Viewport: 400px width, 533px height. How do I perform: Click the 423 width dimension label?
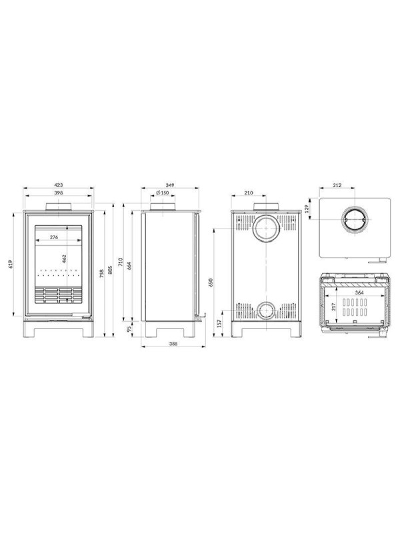click(x=59, y=185)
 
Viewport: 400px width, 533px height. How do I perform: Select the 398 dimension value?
click(x=59, y=193)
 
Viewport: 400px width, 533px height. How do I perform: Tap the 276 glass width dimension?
click(x=54, y=237)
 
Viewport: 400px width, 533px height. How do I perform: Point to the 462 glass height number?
click(x=64, y=259)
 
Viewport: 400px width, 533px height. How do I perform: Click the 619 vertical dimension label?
click(x=10, y=264)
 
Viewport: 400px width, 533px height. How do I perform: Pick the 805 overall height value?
click(x=110, y=270)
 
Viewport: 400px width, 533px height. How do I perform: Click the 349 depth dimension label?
click(x=170, y=185)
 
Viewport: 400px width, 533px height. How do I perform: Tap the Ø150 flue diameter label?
click(x=163, y=193)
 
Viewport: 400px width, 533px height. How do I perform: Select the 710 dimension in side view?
click(x=120, y=262)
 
